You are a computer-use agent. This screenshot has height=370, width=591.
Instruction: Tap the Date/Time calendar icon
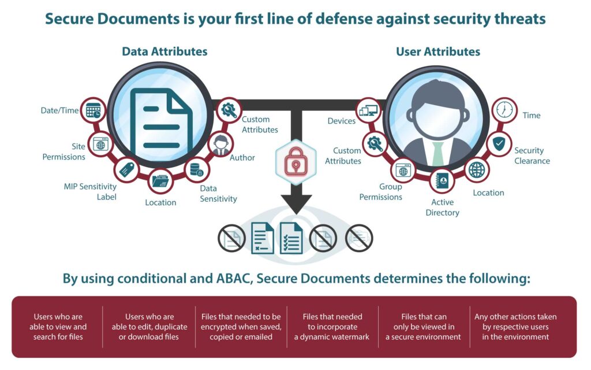93,111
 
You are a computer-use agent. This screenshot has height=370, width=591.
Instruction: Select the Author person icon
220,145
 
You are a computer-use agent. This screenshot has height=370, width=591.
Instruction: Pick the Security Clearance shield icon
499,144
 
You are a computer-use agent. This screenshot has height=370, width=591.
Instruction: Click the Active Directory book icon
442,182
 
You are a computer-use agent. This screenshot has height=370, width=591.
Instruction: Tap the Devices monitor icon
368,110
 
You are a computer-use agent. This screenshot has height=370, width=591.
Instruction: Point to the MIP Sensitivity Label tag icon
126,169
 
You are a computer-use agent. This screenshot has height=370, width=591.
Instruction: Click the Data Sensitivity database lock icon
196,170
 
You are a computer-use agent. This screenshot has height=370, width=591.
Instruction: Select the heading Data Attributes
164,51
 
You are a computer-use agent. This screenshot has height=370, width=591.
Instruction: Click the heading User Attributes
437,51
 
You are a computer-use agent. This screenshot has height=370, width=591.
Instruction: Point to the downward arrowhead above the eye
296,205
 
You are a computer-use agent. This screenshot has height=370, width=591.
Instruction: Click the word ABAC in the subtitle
235,279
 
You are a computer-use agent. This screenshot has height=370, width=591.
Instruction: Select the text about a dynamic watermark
332,327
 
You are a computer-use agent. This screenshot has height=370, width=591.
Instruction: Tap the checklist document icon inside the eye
291,239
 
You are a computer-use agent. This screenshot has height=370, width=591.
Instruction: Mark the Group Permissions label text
381,192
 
